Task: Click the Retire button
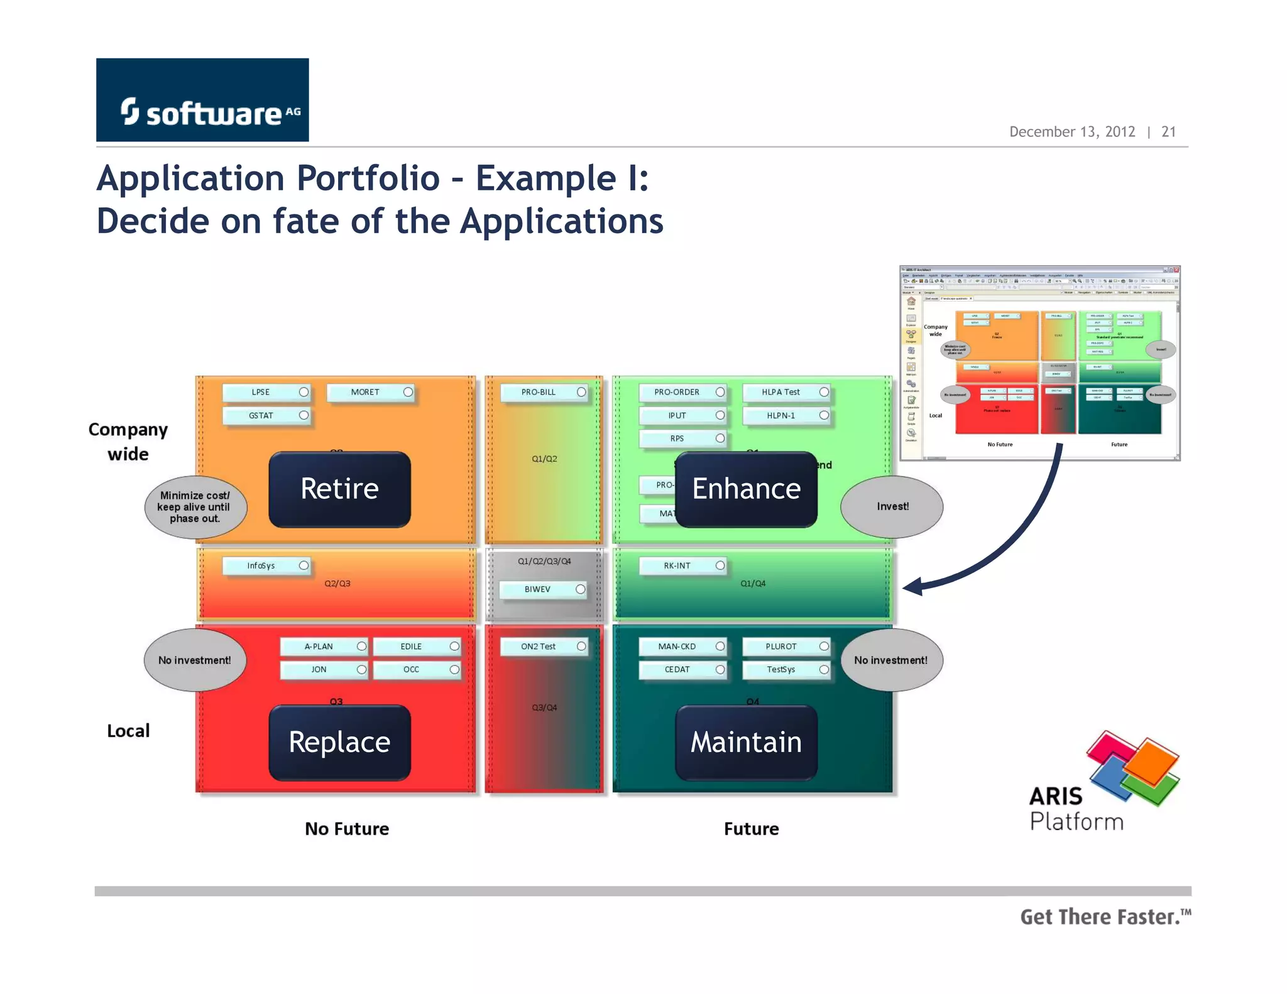pyautogui.click(x=339, y=489)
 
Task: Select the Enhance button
pyautogui.click(x=746, y=489)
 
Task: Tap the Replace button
pyautogui.click(x=339, y=743)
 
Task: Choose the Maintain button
pyautogui.click(x=746, y=743)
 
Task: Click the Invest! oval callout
pyautogui.click(x=892, y=506)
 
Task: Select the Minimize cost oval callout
pyautogui.click(x=195, y=507)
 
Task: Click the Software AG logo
pyautogui.click(x=202, y=100)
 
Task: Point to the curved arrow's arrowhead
pyautogui.click(x=912, y=587)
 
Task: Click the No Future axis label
pyautogui.click(x=347, y=829)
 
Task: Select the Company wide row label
pyautogui.click(x=128, y=442)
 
